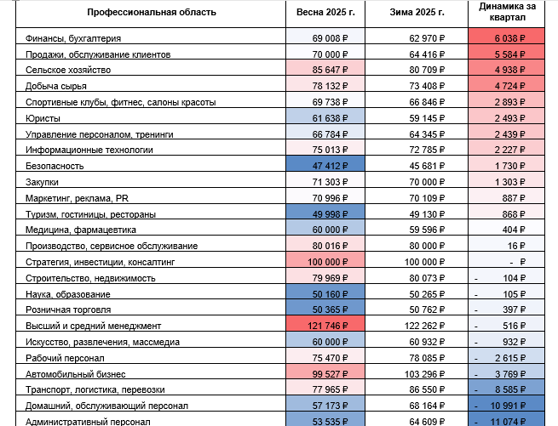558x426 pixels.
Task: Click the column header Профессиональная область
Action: (x=152, y=13)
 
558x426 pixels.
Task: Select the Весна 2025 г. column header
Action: (x=325, y=13)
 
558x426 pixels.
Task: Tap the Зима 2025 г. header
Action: (x=417, y=13)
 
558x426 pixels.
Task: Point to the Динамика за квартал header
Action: (x=507, y=12)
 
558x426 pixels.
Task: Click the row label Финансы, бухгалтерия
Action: (x=73, y=38)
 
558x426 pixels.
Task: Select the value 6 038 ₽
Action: (x=509, y=38)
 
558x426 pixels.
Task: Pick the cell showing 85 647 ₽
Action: (x=330, y=70)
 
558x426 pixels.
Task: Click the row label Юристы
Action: (x=43, y=118)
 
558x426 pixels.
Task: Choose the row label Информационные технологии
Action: (x=89, y=150)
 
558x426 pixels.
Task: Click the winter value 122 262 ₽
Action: (x=424, y=326)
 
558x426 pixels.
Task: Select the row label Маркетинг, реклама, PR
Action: (x=77, y=198)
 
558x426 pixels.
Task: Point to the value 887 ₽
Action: (x=514, y=198)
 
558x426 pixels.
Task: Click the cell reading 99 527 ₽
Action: (x=330, y=374)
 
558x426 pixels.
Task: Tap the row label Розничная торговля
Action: (x=68, y=310)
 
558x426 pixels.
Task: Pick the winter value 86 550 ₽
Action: (x=427, y=389)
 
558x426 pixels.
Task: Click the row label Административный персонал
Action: (x=88, y=422)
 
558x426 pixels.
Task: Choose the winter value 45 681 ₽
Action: (x=427, y=166)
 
